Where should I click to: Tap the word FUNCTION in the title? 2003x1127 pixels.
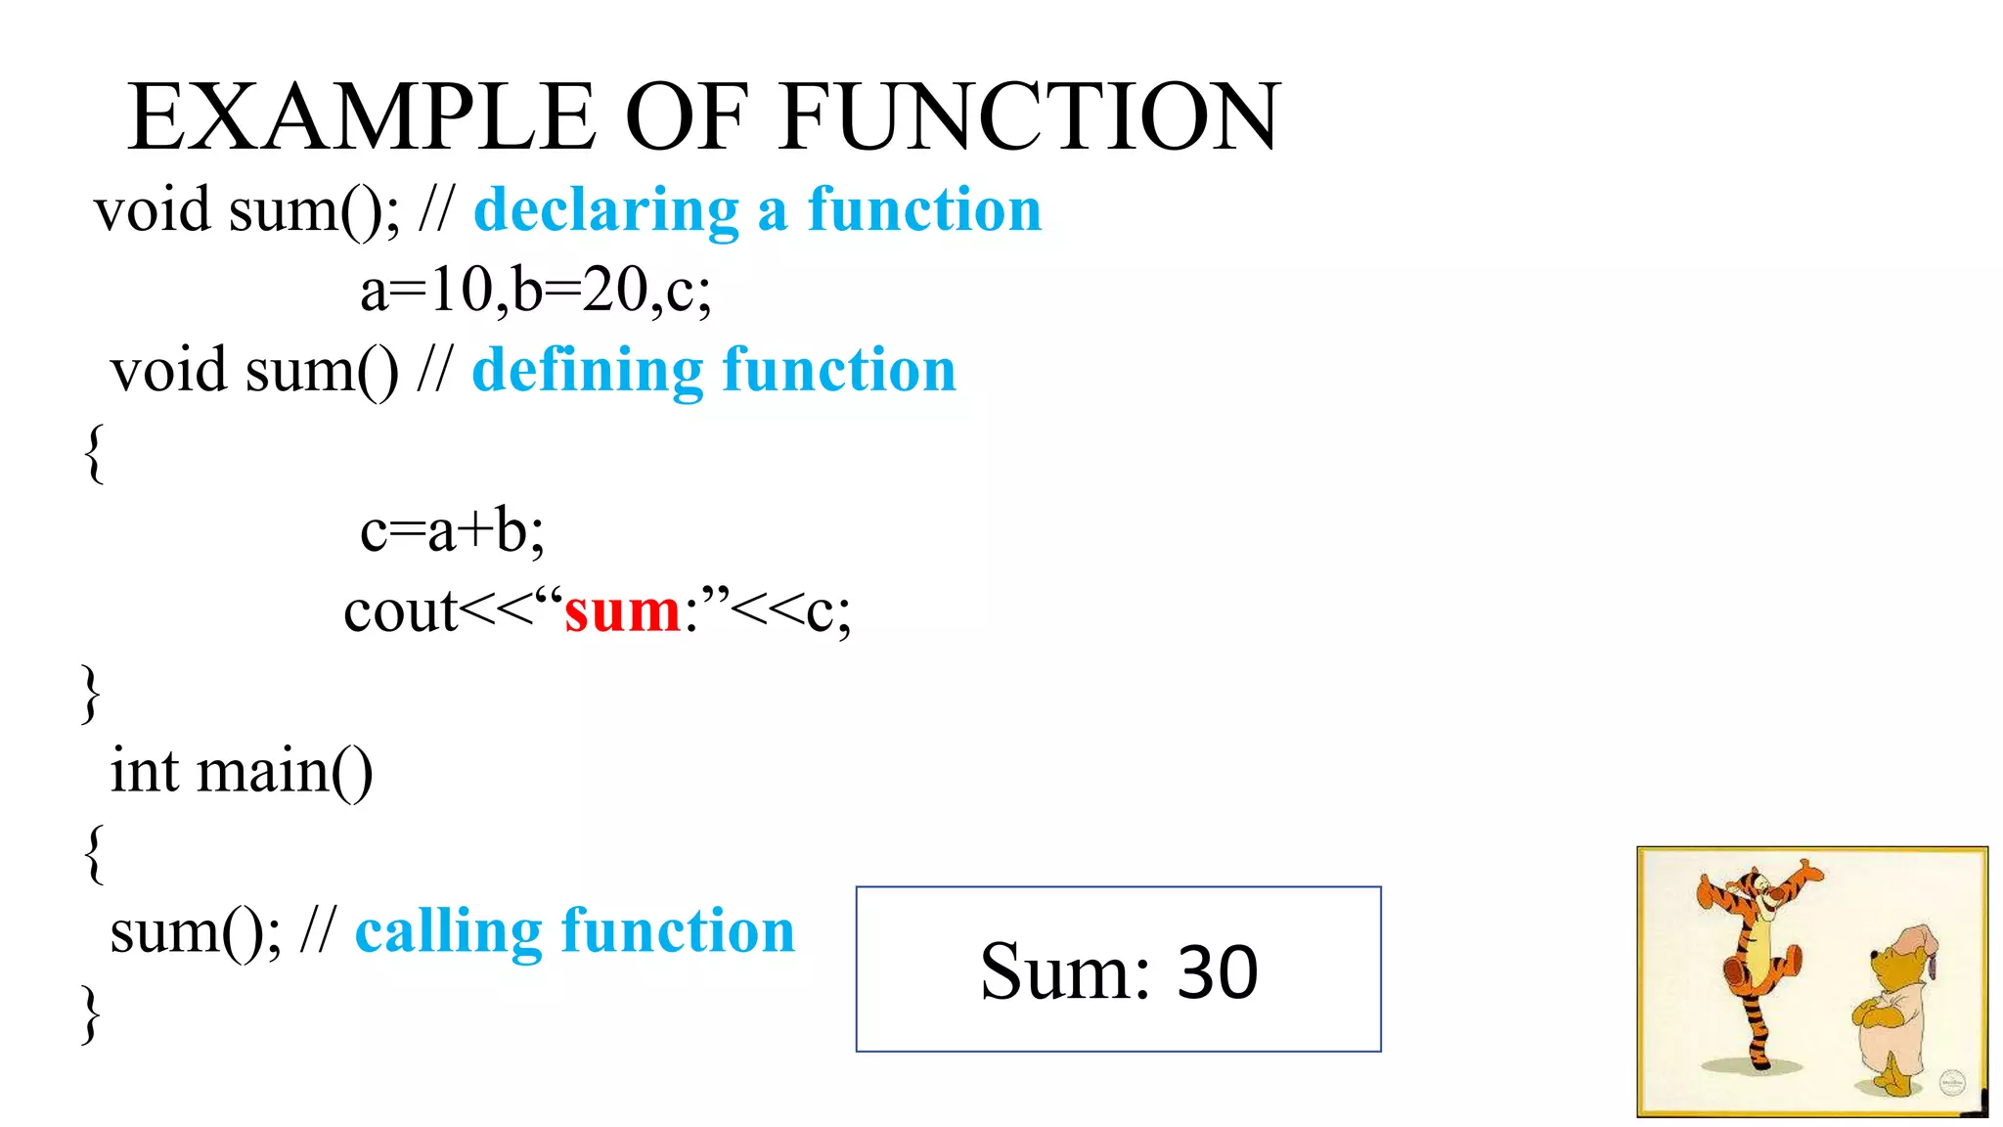1031,117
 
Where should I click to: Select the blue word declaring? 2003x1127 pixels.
606,210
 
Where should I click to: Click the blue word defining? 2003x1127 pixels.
587,371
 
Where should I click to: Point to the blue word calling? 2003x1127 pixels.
448,930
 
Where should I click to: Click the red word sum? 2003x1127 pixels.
622,612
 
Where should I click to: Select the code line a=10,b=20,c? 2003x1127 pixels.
536,291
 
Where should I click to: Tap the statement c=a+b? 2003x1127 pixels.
452,531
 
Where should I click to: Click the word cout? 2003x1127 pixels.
399,612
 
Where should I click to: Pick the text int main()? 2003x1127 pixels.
242,772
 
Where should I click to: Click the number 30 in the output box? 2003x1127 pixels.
1218,972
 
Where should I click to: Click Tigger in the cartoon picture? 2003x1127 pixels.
1756,939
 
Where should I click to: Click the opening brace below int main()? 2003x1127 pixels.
94,853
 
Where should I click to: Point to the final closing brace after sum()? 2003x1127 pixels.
90,1014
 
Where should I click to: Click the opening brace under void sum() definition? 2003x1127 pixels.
94,452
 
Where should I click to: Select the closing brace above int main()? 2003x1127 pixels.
90,693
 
